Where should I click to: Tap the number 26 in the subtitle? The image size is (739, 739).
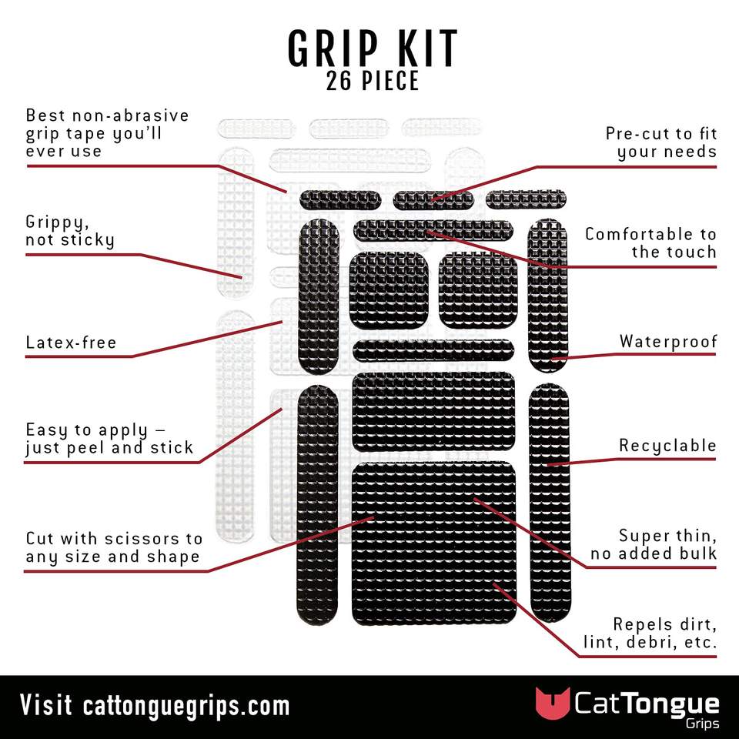[339, 81]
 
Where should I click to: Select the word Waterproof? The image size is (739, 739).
[668, 341]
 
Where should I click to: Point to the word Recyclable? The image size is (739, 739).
[667, 446]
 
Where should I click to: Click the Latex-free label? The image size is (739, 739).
[71, 342]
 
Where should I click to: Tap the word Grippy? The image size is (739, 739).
[57, 222]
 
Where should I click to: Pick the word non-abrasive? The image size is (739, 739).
[131, 115]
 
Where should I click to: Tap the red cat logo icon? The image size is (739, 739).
[552, 703]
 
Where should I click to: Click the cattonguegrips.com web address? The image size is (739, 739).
[186, 706]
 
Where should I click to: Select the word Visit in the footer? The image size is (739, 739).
[46, 705]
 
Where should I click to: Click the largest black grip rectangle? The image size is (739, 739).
[434, 543]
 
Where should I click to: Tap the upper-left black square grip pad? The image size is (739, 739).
[389, 290]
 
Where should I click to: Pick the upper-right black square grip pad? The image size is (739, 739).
[477, 290]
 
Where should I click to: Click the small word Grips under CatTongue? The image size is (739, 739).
[702, 724]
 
